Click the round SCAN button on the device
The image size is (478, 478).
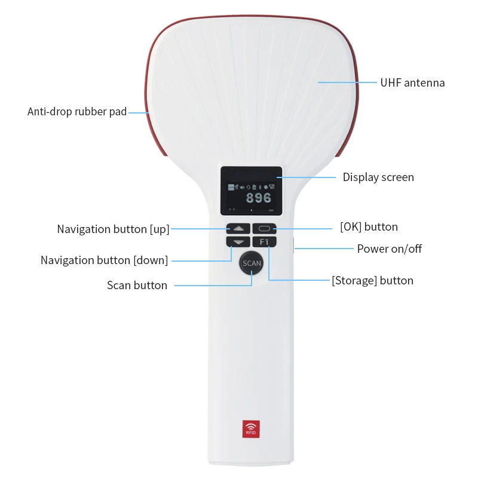(252, 263)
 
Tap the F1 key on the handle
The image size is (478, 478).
(264, 242)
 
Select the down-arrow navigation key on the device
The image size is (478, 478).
(238, 242)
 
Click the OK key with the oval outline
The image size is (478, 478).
(264, 228)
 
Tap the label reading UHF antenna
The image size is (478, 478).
(412, 83)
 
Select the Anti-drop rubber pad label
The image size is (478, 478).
(77, 112)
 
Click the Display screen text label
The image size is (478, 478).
(378, 177)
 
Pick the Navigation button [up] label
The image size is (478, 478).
(113, 229)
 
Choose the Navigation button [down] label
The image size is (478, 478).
(104, 261)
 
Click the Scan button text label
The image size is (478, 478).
(137, 286)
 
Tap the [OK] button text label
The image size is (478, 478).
(369, 227)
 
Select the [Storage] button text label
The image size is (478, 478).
(372, 281)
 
